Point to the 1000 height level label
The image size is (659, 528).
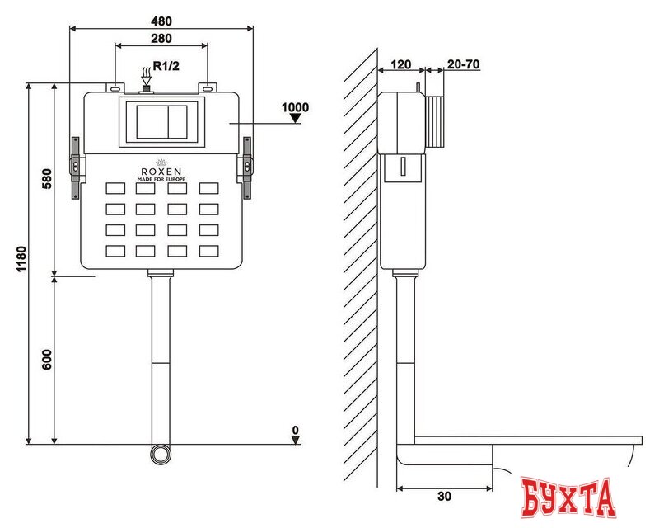click(x=295, y=107)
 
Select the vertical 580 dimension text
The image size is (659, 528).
click(x=47, y=180)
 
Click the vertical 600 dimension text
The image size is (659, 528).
click(x=47, y=360)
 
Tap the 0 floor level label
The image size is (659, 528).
click(x=295, y=430)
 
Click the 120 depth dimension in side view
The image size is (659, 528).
click(x=400, y=64)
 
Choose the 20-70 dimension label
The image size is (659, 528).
click(x=462, y=64)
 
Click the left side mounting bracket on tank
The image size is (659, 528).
click(x=75, y=167)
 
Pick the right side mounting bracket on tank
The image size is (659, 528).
click(x=246, y=167)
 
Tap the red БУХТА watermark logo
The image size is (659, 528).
click(x=569, y=497)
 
